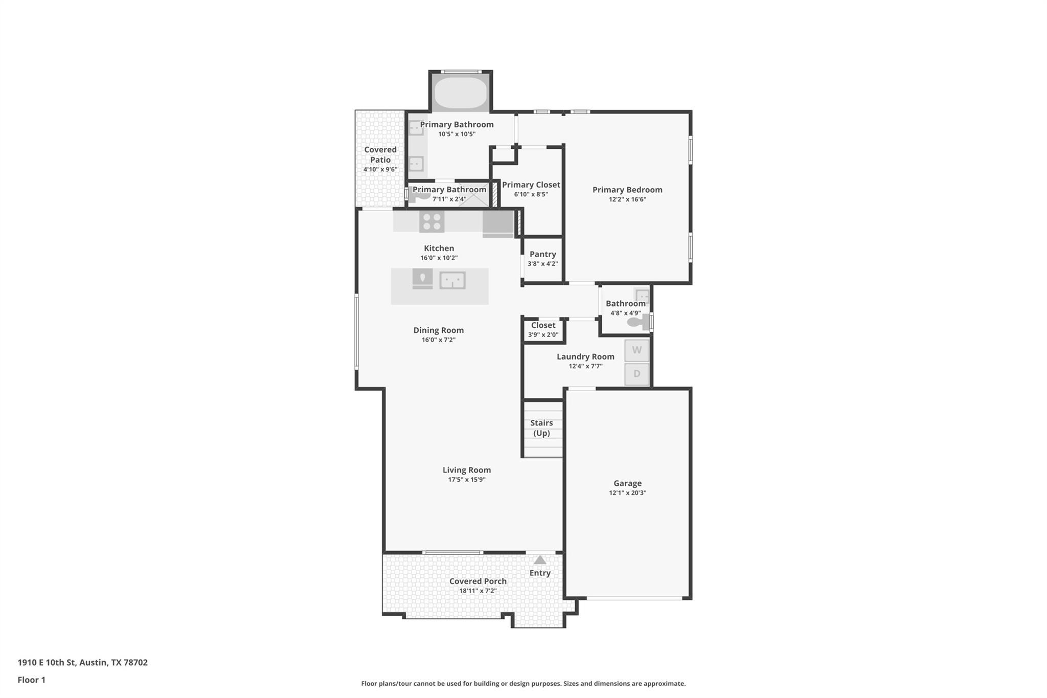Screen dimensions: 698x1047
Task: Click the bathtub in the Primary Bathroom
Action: pyautogui.click(x=460, y=93)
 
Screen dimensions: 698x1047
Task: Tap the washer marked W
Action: pyautogui.click(x=636, y=350)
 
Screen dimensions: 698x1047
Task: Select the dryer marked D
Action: pyautogui.click(x=636, y=374)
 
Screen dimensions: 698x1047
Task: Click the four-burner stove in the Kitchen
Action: pyautogui.click(x=431, y=222)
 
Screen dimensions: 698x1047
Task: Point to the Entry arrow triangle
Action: pyautogui.click(x=540, y=560)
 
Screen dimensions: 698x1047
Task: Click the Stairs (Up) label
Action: pyautogui.click(x=541, y=428)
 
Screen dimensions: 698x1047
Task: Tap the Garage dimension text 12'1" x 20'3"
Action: pyautogui.click(x=627, y=493)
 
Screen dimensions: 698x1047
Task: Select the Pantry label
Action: pyautogui.click(x=542, y=254)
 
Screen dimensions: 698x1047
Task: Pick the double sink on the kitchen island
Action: pyautogui.click(x=452, y=280)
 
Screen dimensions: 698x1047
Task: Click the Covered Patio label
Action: pyautogui.click(x=380, y=154)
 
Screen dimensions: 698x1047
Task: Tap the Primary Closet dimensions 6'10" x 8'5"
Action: pyautogui.click(x=531, y=194)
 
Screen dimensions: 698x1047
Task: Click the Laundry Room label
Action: pyautogui.click(x=585, y=356)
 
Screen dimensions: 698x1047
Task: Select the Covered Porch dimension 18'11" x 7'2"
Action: pyautogui.click(x=477, y=591)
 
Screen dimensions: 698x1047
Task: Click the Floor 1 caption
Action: pyautogui.click(x=31, y=680)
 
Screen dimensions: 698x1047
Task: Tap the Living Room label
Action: pyautogui.click(x=466, y=470)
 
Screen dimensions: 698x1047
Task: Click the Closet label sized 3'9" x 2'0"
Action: pyautogui.click(x=543, y=325)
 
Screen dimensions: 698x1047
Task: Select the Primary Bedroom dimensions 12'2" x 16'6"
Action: pyautogui.click(x=627, y=199)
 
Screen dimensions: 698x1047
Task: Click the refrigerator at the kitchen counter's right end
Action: pyautogui.click(x=498, y=224)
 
